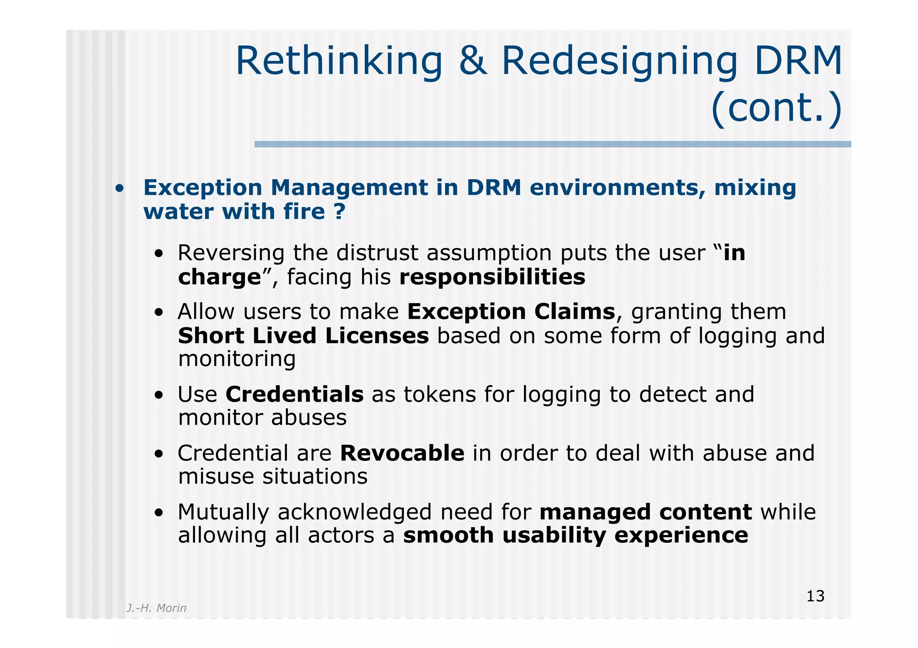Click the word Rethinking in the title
click(x=339, y=61)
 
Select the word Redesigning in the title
click(x=619, y=61)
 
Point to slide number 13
click(x=815, y=597)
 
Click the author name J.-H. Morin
click(x=156, y=608)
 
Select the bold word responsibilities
click(x=492, y=277)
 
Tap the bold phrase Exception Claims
click(x=511, y=312)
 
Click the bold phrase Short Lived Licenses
click(x=303, y=336)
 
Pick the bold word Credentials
click(x=294, y=395)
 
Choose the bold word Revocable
click(x=402, y=453)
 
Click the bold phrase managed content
click(x=645, y=512)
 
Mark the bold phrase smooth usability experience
click(x=576, y=536)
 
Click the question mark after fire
click(x=340, y=211)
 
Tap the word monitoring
click(x=237, y=359)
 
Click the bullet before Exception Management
click(x=119, y=189)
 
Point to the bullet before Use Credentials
click(x=158, y=396)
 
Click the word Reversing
click(x=231, y=253)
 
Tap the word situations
click(x=315, y=476)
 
